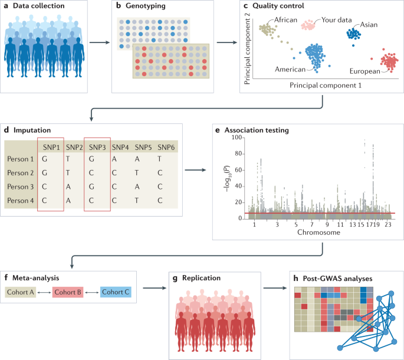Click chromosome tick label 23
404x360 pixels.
click(x=387, y=225)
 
